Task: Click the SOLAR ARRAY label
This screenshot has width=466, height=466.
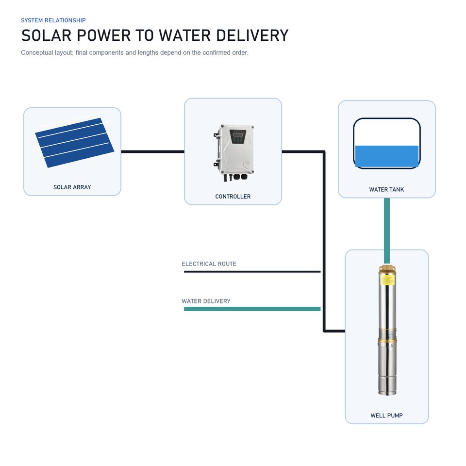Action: pos(72,187)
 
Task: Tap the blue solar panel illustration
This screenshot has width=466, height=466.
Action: pos(75,143)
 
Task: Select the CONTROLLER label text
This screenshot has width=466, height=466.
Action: pos(233,197)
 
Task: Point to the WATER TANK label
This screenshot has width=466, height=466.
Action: pos(387,190)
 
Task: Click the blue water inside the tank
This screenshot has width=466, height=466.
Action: pos(387,156)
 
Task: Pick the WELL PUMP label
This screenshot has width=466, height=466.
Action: pos(387,416)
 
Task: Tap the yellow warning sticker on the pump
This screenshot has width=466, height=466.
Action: pos(387,280)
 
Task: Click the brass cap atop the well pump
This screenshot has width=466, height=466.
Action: pos(387,269)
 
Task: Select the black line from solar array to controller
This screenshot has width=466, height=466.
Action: pos(153,151)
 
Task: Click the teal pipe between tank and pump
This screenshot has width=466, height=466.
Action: pos(387,231)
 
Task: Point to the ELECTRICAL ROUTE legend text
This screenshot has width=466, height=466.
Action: pos(209,264)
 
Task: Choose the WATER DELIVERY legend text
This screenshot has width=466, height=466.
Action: pos(206,301)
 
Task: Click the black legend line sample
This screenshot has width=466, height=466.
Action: pos(252,272)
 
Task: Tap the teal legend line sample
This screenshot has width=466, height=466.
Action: pos(252,309)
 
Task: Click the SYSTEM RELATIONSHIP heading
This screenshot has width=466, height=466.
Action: pos(53,20)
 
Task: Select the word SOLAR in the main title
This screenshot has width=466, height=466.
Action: pos(47,35)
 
